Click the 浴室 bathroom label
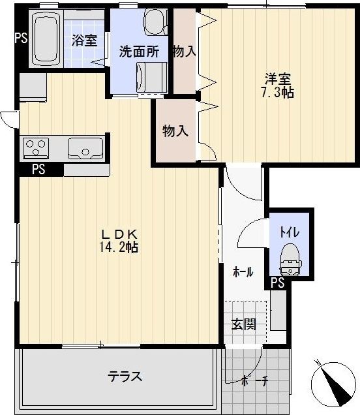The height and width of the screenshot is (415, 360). pyautogui.click(x=84, y=40)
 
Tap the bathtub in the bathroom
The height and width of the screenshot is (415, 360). pyautogui.click(x=46, y=40)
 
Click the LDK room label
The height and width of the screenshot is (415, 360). pyautogui.click(x=117, y=234)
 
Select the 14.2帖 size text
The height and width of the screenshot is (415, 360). pyautogui.click(x=117, y=247)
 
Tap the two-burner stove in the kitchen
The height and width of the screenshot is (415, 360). pyautogui.click(x=34, y=148)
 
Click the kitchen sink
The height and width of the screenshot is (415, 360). pyautogui.click(x=83, y=148)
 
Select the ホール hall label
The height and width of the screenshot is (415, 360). pyautogui.click(x=243, y=272)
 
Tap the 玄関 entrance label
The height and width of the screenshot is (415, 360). pyautogui.click(x=243, y=324)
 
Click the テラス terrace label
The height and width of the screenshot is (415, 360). pyautogui.click(x=125, y=377)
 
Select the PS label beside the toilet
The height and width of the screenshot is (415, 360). pyautogui.click(x=277, y=283)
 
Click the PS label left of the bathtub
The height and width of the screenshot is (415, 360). pyautogui.click(x=21, y=37)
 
